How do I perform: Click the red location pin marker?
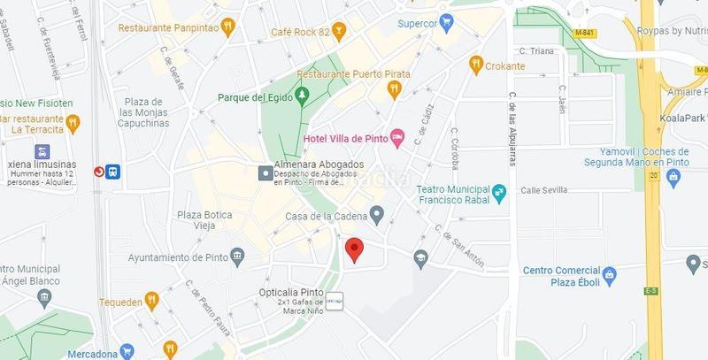pyautogui.click(x=354, y=249)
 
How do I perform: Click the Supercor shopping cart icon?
pyautogui.click(x=448, y=23)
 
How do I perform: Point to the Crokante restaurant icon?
pyautogui.click(x=476, y=65)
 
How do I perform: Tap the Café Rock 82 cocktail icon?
pyautogui.click(x=338, y=32)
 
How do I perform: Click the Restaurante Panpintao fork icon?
pyautogui.click(x=227, y=27)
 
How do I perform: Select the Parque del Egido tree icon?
pyautogui.click(x=302, y=94)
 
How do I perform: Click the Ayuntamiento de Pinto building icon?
pyautogui.click(x=237, y=257)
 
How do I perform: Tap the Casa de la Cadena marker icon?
pyautogui.click(x=377, y=215)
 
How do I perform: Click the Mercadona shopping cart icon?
pyautogui.click(x=127, y=352)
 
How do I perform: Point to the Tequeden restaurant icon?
pyautogui.click(x=152, y=301)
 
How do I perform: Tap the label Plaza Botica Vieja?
pyautogui.click(x=204, y=220)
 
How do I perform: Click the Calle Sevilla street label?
pyautogui.click(x=543, y=189)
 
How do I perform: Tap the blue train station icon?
pyautogui.click(x=112, y=172)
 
